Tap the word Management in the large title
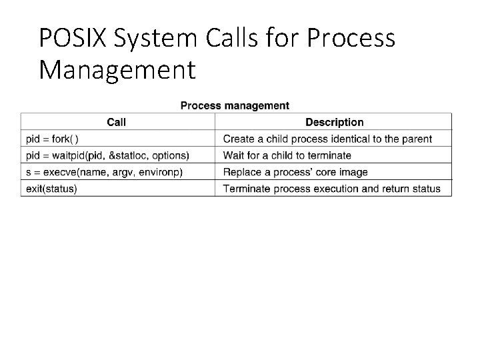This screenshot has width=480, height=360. point(117,69)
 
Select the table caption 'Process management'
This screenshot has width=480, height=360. point(235,105)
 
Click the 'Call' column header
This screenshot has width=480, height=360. point(117,122)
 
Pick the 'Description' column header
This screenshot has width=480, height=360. point(334,122)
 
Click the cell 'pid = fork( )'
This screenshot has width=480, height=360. point(53,139)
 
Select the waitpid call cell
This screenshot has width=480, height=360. point(107,155)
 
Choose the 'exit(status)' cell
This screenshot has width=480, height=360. point(51,189)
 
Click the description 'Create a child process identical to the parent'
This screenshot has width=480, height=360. point(327,139)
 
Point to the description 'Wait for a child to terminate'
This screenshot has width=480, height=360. point(287,155)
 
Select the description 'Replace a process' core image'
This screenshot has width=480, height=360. point(295,172)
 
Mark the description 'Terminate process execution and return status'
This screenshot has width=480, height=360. point(331,189)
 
